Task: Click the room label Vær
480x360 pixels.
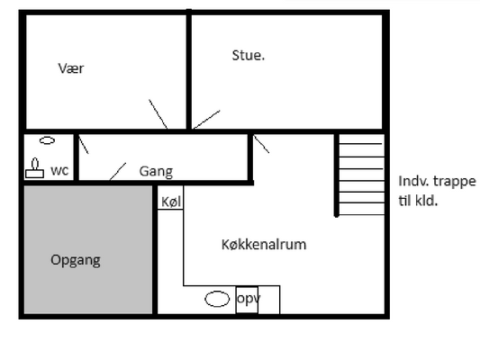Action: pyautogui.click(x=71, y=68)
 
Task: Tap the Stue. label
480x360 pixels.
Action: pyautogui.click(x=249, y=56)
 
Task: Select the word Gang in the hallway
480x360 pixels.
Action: pyautogui.click(x=156, y=171)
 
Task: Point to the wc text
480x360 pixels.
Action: pyautogui.click(x=59, y=171)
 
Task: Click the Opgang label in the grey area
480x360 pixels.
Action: pyautogui.click(x=76, y=260)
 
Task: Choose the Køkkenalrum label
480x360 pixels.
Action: pyautogui.click(x=264, y=245)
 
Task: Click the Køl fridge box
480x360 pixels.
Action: pyautogui.click(x=170, y=198)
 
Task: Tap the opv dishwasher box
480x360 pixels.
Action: pyautogui.click(x=247, y=300)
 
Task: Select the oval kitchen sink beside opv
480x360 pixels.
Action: pyautogui.click(x=217, y=299)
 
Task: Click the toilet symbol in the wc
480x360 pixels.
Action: pyautogui.click(x=34, y=168)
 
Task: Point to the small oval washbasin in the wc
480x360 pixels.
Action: pyautogui.click(x=48, y=140)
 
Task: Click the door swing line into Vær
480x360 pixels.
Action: pyautogui.click(x=158, y=114)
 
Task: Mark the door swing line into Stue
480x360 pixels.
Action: pyautogui.click(x=206, y=120)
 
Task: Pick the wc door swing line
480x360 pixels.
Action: pyautogui.click(x=84, y=144)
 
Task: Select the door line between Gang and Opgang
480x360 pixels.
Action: pyautogui.click(x=118, y=172)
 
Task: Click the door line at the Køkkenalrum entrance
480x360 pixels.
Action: pyautogui.click(x=261, y=144)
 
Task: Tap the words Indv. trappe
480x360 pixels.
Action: pyautogui.click(x=437, y=182)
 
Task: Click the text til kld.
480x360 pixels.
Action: pyautogui.click(x=418, y=201)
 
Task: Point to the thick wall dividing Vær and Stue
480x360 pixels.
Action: pyautogui.click(x=189, y=69)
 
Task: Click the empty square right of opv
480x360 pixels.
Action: pyautogui.click(x=269, y=300)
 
